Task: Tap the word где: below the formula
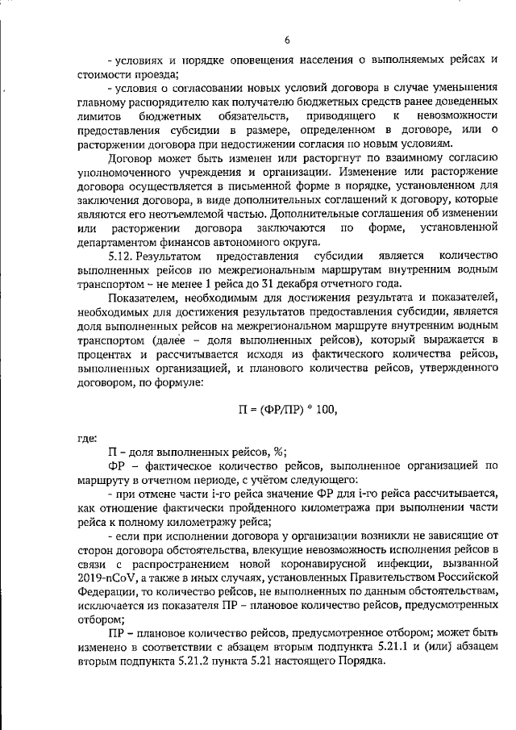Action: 86,438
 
